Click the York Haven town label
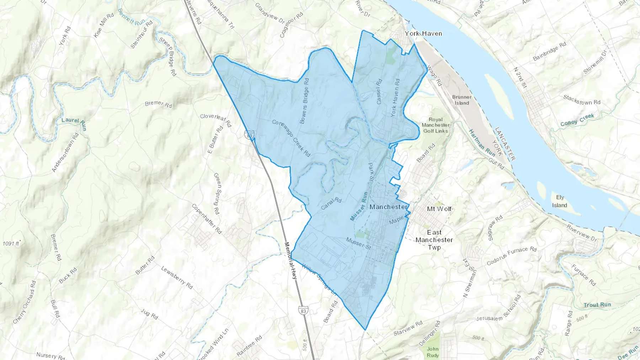tap(423, 33)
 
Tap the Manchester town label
tap(389, 207)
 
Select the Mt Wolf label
tap(439, 209)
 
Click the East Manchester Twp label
tap(434, 240)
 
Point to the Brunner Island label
tap(462, 100)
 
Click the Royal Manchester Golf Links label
tap(436, 125)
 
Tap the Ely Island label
tap(560, 201)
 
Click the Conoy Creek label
tap(577, 120)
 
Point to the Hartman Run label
tap(482, 143)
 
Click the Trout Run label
tap(597, 305)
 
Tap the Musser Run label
tap(359, 206)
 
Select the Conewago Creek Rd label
tap(291, 138)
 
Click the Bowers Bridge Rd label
tap(304, 101)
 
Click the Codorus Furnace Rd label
tap(512, 256)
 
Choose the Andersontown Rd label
tap(65, 152)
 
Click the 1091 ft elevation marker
tap(11, 243)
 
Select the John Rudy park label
tap(433, 352)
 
